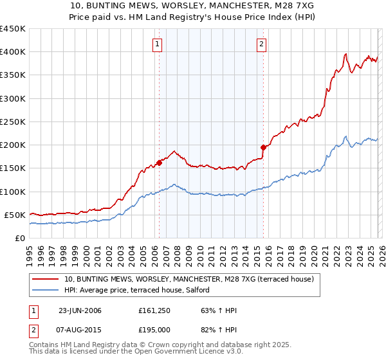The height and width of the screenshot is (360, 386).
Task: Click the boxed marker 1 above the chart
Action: pyautogui.click(x=158, y=44)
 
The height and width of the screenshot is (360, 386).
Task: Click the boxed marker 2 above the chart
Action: pyautogui.click(x=262, y=44)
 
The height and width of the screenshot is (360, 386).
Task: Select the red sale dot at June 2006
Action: pyautogui.click(x=159, y=163)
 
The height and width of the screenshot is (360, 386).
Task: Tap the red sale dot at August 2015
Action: pyautogui.click(x=263, y=147)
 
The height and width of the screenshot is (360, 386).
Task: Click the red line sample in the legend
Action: pyautogui.click(x=46, y=279)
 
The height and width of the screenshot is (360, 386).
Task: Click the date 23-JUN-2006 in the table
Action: pyautogui.click(x=80, y=310)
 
